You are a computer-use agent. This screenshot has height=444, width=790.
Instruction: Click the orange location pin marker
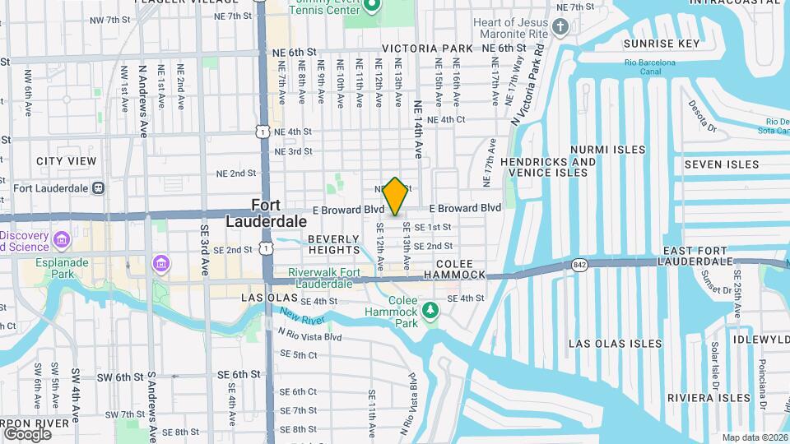tap(395, 196)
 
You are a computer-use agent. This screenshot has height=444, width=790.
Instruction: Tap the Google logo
tap(27, 433)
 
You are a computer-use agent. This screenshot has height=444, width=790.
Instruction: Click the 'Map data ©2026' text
tap(755, 437)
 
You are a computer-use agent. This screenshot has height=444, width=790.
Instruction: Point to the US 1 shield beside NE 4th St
tap(262, 132)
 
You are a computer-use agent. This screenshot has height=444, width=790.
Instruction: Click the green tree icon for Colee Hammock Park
tap(428, 311)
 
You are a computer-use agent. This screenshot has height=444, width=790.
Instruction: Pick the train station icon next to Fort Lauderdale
tap(98, 187)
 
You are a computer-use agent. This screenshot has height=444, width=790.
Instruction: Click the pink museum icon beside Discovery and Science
tap(61, 240)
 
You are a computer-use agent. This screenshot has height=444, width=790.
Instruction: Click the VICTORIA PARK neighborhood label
tap(427, 49)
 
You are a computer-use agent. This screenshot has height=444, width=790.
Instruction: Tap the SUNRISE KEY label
tap(662, 44)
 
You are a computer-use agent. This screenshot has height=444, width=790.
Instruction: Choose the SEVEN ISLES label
tap(721, 164)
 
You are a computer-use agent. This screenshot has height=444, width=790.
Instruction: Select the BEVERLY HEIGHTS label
tap(334, 243)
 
